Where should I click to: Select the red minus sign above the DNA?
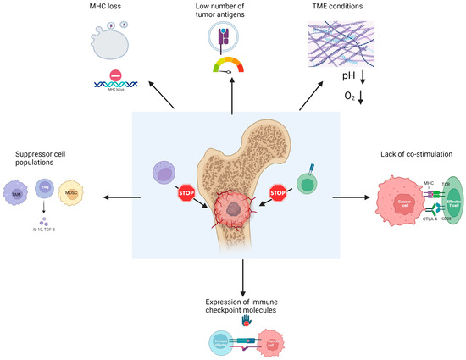click(x=123, y=73)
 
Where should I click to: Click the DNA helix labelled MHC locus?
click(x=123, y=86)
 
